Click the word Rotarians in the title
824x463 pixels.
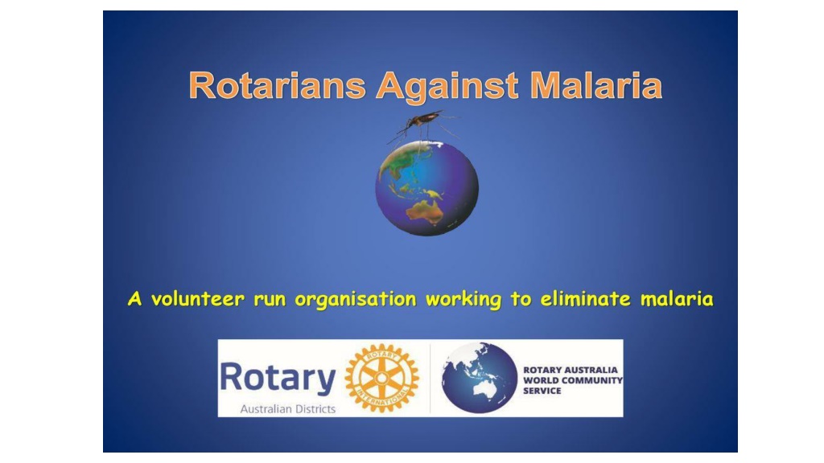pos(277,85)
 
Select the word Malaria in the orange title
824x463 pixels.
pos(596,85)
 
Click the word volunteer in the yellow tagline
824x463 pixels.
pos(198,299)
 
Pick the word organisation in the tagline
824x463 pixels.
pos(355,300)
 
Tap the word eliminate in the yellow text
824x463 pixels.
pos(585,299)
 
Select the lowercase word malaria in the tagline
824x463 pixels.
pos(677,299)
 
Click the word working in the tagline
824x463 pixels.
pos(463,300)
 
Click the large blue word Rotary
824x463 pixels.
pos(278,378)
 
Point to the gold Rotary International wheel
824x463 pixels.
pos(382,378)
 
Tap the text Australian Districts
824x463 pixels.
pos(288,409)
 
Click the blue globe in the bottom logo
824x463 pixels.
pos(480,378)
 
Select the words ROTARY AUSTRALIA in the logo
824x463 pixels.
pos(571,370)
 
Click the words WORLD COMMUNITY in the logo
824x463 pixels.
pos(573,380)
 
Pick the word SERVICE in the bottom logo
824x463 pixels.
pos(542,391)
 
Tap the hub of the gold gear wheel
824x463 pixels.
pos(382,378)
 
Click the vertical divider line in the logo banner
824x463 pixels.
pos(430,378)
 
